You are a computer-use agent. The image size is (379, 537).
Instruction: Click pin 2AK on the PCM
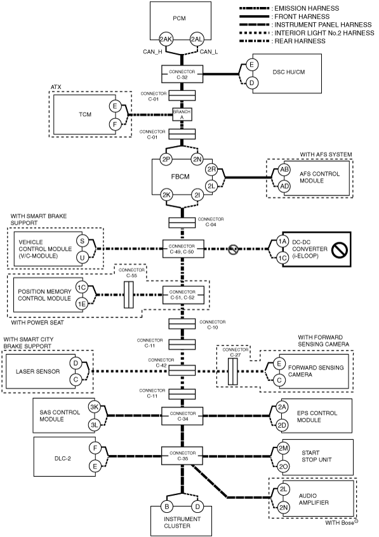[x=166, y=39]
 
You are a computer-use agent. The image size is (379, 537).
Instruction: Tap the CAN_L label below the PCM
[x=208, y=51]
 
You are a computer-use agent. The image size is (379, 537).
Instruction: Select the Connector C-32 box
[x=182, y=74]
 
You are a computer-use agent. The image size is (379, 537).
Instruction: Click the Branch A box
[x=182, y=114]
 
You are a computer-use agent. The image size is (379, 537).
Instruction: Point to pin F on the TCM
[x=115, y=124]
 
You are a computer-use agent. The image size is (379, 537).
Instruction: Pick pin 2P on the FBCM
[x=166, y=159]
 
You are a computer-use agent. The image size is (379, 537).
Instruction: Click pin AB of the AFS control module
[x=284, y=169]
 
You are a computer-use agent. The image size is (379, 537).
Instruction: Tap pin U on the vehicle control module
[x=83, y=258]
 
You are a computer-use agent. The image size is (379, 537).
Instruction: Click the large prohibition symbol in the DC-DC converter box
[x=340, y=250]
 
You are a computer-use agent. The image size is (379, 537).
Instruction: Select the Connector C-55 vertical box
[x=128, y=295]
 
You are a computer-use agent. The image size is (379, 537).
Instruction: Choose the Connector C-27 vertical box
[x=233, y=371]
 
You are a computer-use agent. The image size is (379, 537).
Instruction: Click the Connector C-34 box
[x=182, y=416]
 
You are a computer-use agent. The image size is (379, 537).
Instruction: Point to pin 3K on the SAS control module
[x=94, y=408]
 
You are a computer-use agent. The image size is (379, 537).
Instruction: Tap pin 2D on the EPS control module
[x=282, y=426]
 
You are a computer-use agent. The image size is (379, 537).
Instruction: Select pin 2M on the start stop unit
[x=283, y=448]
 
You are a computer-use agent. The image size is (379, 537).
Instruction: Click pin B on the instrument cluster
[x=167, y=507]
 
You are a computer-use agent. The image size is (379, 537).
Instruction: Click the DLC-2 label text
[x=63, y=458]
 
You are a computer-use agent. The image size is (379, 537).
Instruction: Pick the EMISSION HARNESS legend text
[x=307, y=8]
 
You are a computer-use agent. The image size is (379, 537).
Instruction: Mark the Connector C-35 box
[x=182, y=456]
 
